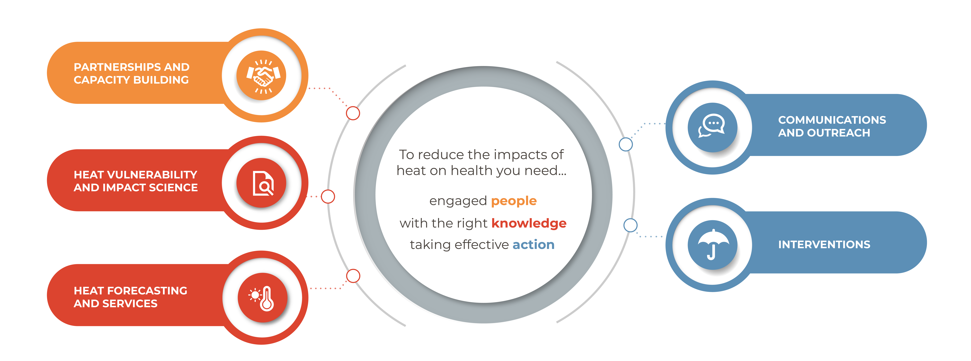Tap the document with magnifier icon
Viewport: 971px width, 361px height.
pos(263,183)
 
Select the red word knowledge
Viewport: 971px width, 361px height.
pos(529,223)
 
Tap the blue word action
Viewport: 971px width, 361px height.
pos(533,245)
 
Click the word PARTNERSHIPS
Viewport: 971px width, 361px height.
pos(118,67)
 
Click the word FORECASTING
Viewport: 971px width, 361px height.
pos(147,291)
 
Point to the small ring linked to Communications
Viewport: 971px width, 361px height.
pos(626,144)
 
